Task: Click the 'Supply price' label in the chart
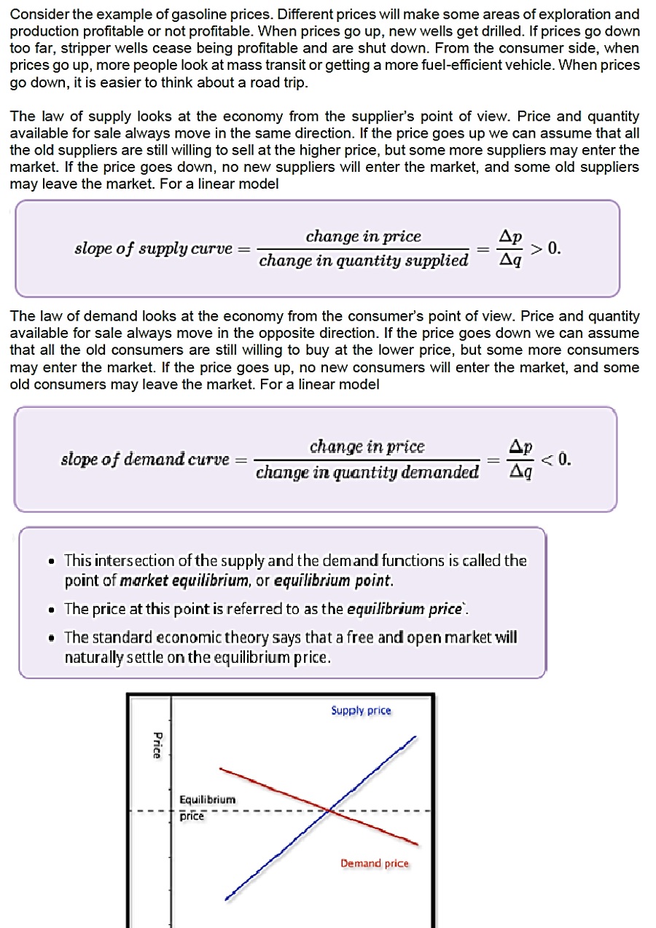361,710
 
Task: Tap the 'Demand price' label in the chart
375,863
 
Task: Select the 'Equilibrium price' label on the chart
207,807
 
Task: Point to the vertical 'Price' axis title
156,744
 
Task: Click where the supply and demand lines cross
331,809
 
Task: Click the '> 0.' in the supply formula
545,248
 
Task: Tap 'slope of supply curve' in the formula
152,248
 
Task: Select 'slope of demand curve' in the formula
144,460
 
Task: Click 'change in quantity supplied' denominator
364,260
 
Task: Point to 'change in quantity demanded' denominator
367,472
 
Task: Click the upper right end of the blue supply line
415,738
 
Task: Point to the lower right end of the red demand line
417,844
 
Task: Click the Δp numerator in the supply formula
510,236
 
